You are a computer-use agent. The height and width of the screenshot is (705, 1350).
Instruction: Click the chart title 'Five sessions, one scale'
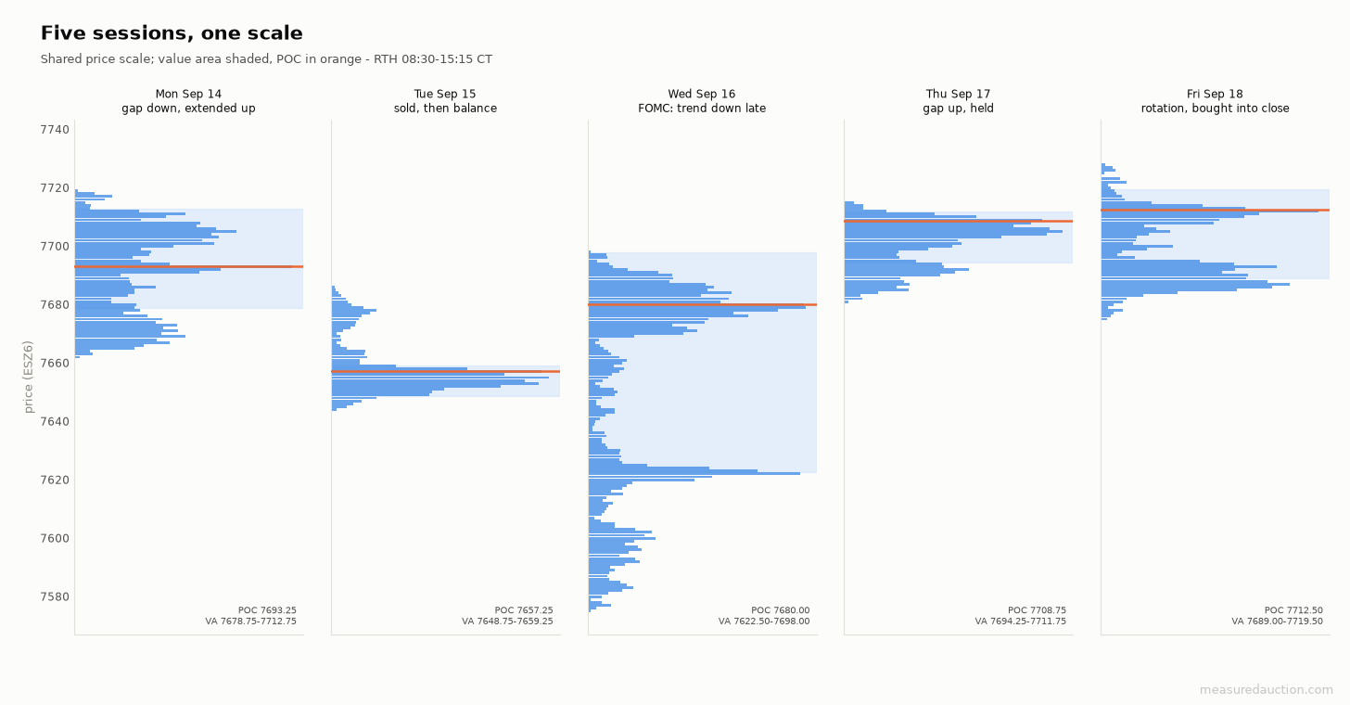coord(172,33)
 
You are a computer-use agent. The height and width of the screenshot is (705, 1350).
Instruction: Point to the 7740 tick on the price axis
coord(55,130)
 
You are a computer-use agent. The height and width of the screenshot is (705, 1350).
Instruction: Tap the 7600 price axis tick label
coord(55,538)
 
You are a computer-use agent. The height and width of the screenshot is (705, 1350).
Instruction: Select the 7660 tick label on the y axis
coord(55,363)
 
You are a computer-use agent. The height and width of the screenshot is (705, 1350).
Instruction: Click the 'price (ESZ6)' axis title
coord(28,377)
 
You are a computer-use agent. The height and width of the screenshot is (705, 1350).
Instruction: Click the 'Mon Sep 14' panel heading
coord(188,94)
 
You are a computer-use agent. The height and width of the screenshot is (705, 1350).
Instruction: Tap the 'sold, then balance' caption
coord(445,109)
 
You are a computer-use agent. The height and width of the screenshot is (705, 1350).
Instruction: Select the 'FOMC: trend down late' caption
coord(702,109)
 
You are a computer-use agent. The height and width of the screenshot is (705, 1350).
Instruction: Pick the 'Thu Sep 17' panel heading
coord(959,94)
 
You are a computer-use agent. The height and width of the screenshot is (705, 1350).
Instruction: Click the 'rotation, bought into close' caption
coord(1215,109)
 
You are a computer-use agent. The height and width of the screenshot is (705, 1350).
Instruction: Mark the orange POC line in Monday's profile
coord(188,266)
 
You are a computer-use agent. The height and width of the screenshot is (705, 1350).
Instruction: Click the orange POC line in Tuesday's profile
coord(446,371)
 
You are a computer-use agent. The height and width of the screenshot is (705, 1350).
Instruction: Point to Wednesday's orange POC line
coord(703,304)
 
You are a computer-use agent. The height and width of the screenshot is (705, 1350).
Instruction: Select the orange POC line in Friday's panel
coord(1216,210)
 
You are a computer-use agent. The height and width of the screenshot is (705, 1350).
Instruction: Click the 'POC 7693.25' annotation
coord(267,610)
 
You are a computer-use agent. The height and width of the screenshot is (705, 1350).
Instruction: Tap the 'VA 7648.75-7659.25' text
coord(507,622)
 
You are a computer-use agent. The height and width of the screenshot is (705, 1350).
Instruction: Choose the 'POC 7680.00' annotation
coord(781,610)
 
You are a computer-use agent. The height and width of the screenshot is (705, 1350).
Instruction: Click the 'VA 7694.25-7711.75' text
coord(1020,622)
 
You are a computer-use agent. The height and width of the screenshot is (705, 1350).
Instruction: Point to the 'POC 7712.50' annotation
coord(1293,610)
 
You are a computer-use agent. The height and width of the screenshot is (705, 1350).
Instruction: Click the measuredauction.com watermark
coord(1267,690)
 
